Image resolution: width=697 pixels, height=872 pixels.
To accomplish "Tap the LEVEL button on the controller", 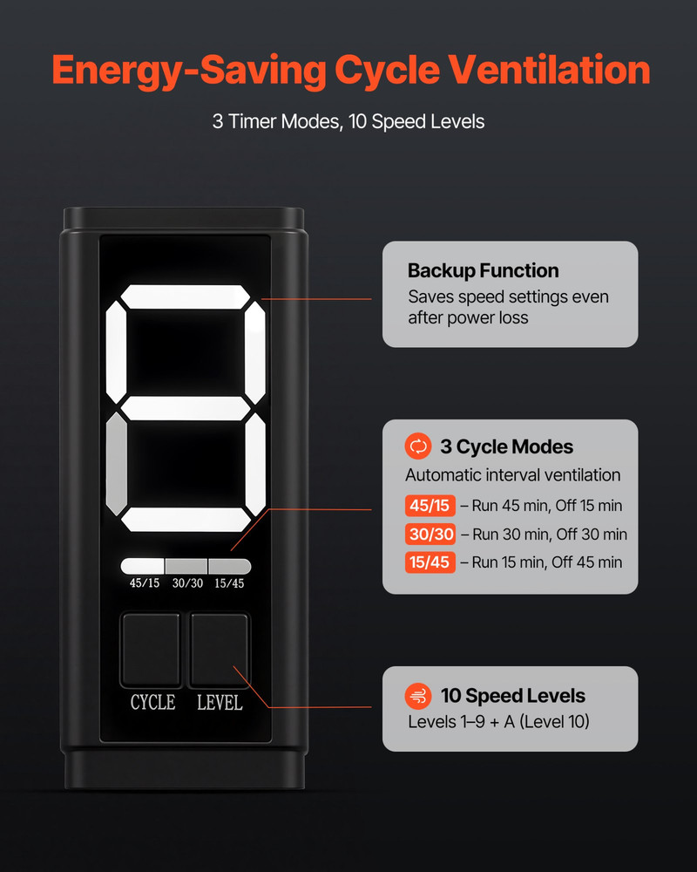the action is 220,650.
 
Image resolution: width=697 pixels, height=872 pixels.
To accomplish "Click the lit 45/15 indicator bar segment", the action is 142,566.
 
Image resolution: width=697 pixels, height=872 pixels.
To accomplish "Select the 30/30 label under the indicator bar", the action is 187,583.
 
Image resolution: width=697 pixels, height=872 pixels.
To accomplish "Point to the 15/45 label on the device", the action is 229,583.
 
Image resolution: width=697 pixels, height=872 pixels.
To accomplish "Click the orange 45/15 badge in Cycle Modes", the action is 430,506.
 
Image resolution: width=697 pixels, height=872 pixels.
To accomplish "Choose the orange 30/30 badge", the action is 430,534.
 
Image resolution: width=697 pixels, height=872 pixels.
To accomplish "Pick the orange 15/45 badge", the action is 430,562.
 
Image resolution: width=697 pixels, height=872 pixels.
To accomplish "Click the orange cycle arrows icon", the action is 418,446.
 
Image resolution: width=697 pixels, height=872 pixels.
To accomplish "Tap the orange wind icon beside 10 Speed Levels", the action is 418,696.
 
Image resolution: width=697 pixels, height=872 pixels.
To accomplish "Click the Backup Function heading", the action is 483,271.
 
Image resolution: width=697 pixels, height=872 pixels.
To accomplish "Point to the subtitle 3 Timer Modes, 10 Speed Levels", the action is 348,122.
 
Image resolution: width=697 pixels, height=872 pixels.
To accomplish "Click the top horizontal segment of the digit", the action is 186,296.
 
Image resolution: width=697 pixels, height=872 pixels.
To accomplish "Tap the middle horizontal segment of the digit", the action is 186,408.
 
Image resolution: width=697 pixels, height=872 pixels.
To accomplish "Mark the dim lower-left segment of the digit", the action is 116,464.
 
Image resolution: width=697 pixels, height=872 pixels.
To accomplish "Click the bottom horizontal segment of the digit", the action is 186,520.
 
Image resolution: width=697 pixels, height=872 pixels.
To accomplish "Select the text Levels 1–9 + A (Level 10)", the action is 498,722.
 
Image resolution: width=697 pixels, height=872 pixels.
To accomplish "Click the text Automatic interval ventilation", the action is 512,475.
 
